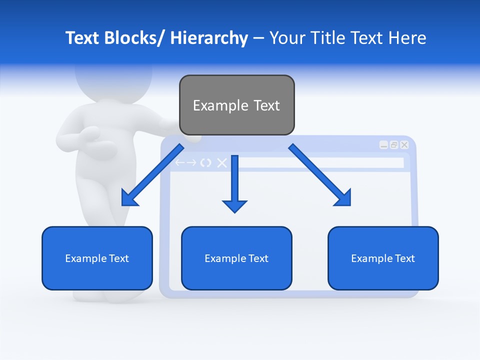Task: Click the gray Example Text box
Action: click(x=236, y=105)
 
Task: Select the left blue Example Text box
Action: click(x=97, y=258)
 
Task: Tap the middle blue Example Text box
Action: click(x=236, y=258)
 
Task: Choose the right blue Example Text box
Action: click(x=383, y=258)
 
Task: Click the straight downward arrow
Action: click(x=234, y=185)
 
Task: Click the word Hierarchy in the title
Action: click(x=209, y=38)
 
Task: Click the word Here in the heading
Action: click(x=407, y=38)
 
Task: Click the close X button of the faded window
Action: click(x=404, y=145)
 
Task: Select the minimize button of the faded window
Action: click(x=383, y=145)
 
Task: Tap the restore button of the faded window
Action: click(x=394, y=145)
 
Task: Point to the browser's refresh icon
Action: click(x=205, y=162)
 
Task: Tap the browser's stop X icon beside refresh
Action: click(x=221, y=162)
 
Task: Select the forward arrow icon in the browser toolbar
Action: click(x=191, y=162)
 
